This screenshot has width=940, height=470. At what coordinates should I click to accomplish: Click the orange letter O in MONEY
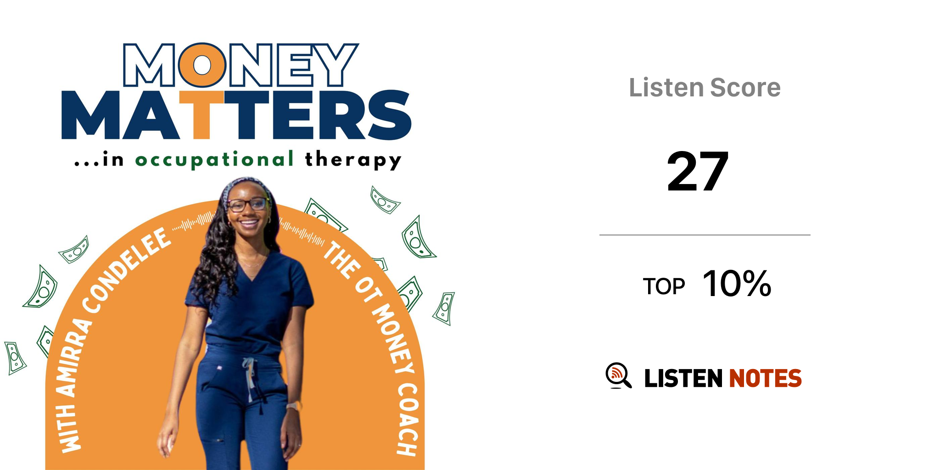(x=202, y=65)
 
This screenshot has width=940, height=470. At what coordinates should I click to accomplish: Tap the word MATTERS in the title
(x=236, y=115)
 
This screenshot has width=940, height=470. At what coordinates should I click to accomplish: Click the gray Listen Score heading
(x=705, y=88)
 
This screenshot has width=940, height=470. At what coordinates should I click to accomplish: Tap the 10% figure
(x=737, y=284)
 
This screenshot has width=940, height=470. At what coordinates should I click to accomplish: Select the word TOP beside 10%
(x=664, y=287)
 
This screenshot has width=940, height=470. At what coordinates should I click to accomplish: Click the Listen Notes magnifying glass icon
(x=618, y=375)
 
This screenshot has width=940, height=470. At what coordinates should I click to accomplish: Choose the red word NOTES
(x=765, y=378)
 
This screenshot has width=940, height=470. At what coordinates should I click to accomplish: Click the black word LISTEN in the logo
(x=683, y=378)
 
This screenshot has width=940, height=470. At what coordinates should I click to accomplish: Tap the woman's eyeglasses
(x=248, y=205)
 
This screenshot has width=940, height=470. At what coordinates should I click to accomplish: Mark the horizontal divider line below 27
(x=705, y=235)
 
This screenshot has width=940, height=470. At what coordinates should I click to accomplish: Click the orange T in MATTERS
(x=201, y=115)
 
